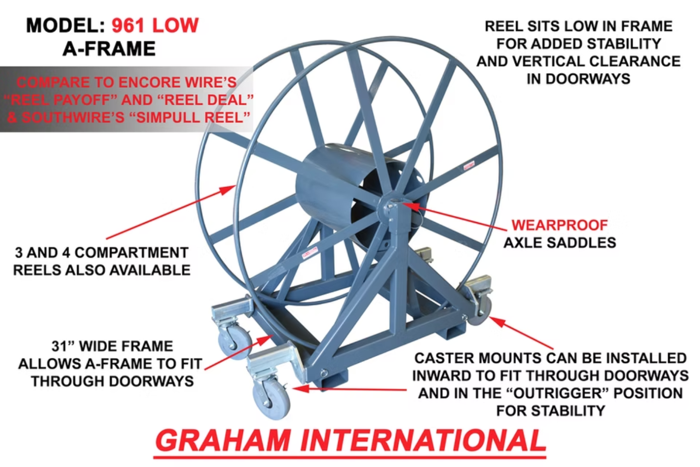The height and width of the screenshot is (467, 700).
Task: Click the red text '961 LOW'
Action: coord(155,26)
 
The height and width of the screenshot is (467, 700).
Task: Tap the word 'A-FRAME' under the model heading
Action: coord(109,49)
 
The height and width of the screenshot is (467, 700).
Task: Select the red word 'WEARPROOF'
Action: coord(559,225)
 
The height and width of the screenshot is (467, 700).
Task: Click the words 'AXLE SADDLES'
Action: coord(560,242)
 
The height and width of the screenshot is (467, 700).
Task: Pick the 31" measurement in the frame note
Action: coord(64,346)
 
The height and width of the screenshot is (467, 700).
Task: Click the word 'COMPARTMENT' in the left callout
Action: coord(131,253)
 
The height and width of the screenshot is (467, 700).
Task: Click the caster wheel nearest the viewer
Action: coord(271,402)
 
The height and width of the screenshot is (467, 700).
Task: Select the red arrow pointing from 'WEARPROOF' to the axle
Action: coord(454,216)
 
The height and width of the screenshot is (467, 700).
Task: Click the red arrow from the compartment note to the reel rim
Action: coord(171,212)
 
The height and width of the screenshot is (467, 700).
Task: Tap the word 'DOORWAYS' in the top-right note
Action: coord(579,79)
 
